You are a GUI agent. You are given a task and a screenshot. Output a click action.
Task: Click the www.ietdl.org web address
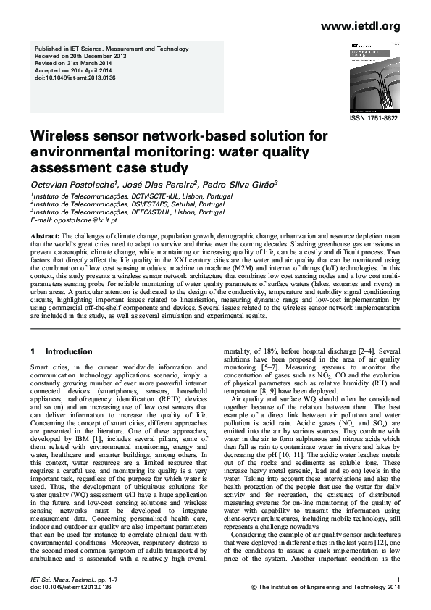(360, 27)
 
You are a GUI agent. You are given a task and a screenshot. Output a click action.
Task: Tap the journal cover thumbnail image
(370, 76)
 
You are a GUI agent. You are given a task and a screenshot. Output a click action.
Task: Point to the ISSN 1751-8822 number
(374, 118)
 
